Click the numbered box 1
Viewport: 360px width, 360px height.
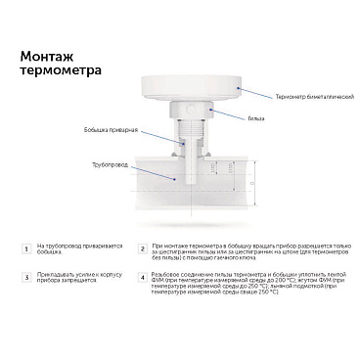24,250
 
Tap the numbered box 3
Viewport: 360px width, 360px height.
24,280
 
